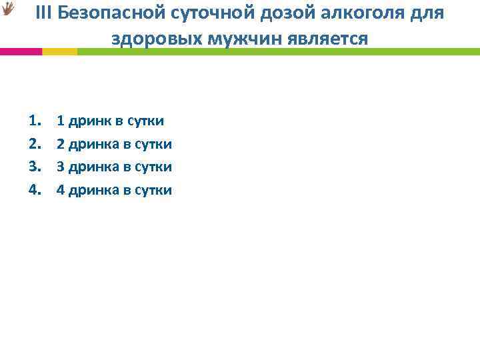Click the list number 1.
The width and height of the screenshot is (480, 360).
click(35, 121)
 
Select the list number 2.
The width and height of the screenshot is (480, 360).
click(35, 144)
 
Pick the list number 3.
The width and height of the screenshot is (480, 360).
click(35, 167)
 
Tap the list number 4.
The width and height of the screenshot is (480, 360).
click(35, 190)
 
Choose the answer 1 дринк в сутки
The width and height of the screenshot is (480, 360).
click(110, 121)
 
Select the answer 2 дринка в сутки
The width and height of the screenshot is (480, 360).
click(114, 144)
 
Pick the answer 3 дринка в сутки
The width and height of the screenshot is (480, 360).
click(114, 167)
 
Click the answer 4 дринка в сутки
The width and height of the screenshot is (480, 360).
click(114, 190)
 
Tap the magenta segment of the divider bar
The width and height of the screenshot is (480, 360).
click(21, 51)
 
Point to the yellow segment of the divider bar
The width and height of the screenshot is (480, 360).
click(59, 51)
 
